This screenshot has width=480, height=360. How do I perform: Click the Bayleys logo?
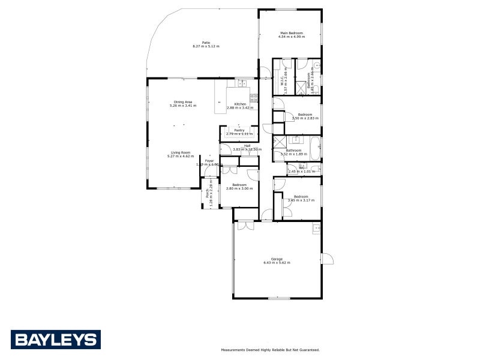pos(56,340)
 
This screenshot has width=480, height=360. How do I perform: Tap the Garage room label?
pos(277,259)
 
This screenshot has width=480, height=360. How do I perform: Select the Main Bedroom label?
pos(292,33)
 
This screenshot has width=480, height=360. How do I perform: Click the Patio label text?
pos(206,43)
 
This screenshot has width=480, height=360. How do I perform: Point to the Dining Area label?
pos(183,102)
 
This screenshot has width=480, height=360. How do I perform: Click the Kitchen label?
pos(240,104)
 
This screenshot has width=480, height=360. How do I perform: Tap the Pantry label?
pos(239,130)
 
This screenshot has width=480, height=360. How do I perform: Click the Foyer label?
pos(209,161)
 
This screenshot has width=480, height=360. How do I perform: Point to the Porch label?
pos(208,193)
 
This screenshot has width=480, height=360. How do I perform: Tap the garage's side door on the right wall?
pos(327,259)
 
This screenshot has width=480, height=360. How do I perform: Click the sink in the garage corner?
pos(315,228)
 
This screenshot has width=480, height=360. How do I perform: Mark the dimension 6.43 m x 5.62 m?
pos(277,263)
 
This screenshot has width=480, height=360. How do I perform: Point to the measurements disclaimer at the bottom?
pos(270,349)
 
